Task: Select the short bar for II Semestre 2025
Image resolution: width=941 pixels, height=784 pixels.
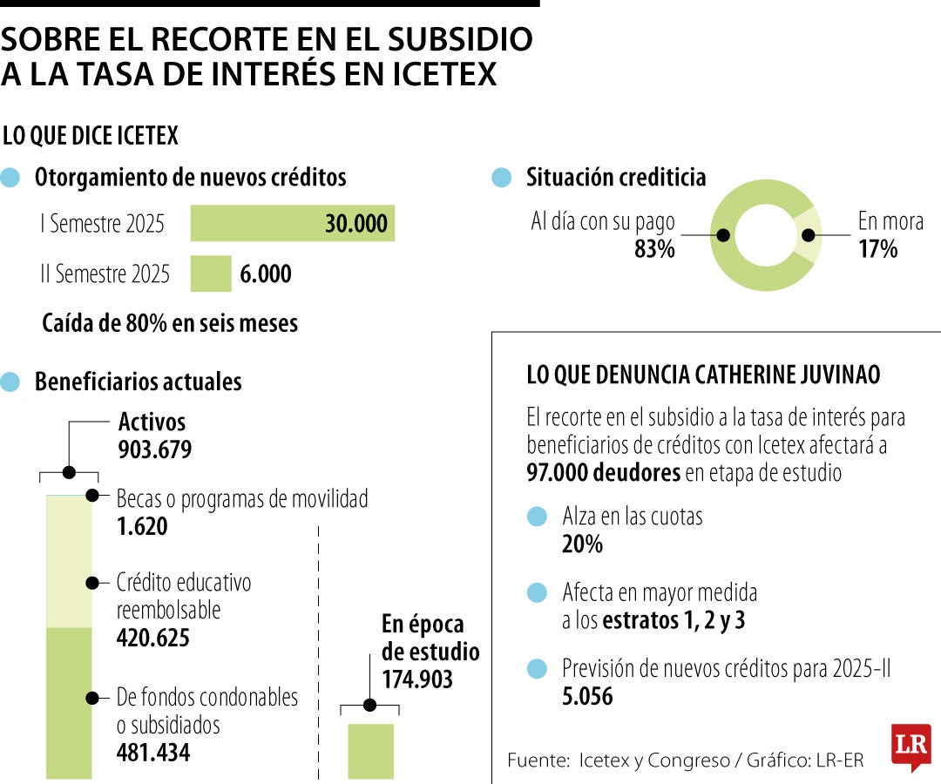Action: point(211,274)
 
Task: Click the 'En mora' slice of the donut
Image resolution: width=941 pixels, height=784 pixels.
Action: point(809,235)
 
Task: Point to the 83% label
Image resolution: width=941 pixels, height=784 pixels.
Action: point(654,249)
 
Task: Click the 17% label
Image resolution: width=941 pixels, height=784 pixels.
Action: point(877,249)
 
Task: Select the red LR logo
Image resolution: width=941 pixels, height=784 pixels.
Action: point(911,747)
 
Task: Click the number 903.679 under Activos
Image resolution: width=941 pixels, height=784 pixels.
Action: point(154,450)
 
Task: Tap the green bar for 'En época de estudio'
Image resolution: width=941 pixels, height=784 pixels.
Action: point(370,751)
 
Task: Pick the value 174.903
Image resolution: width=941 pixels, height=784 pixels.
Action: point(417,679)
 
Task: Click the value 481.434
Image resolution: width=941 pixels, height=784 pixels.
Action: point(153,752)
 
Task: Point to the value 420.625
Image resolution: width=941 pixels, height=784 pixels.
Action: point(153,639)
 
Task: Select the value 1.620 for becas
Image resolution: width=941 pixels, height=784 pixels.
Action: point(141,527)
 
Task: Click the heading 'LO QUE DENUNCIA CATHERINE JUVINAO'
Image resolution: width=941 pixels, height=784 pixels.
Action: point(703,375)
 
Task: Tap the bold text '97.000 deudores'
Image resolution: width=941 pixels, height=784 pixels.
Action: point(603,473)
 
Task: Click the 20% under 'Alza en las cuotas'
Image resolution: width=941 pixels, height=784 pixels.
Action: point(582,544)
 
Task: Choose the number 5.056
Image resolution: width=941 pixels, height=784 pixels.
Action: point(587,696)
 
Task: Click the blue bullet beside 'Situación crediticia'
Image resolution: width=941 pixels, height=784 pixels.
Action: point(501,178)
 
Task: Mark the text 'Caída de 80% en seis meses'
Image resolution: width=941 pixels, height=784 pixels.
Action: point(170,323)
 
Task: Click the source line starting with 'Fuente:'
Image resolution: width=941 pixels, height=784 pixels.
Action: point(686,760)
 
